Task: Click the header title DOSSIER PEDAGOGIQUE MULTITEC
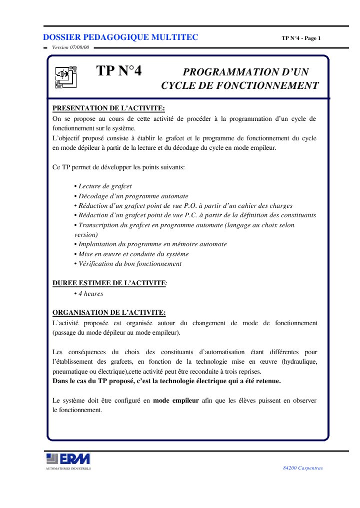click(120, 37)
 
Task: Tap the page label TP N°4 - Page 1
click(301, 38)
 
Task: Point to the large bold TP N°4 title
click(119, 71)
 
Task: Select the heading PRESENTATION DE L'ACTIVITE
click(108, 108)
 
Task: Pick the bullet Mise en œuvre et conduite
click(130, 254)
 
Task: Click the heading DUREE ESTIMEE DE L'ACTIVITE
click(109, 283)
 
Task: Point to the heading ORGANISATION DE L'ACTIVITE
click(109, 313)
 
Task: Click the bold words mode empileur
click(176, 401)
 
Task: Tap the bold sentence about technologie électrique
click(166, 381)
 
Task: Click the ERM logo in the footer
click(68, 459)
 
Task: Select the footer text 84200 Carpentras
click(303, 468)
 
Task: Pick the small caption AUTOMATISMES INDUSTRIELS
click(68, 469)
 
